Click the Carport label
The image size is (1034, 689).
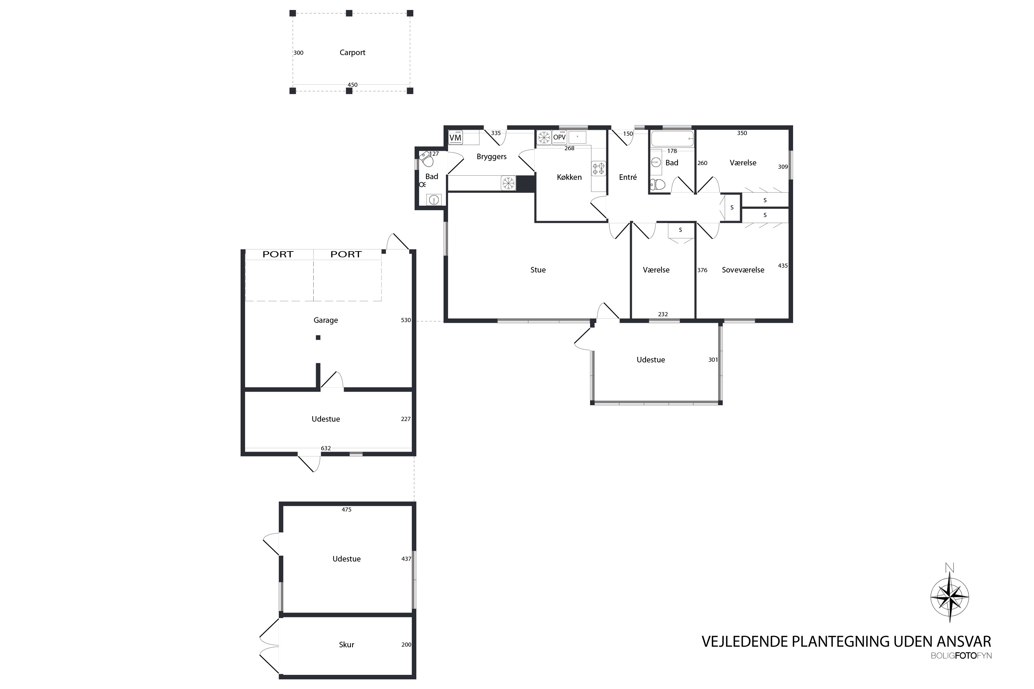pyautogui.click(x=352, y=53)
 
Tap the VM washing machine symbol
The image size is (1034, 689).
pyautogui.click(x=455, y=137)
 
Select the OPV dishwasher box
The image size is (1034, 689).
pyautogui.click(x=559, y=137)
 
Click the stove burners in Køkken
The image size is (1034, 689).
pyautogui.click(x=598, y=169)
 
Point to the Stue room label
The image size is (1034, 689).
pyautogui.click(x=538, y=270)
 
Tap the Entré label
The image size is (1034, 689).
pyautogui.click(x=628, y=177)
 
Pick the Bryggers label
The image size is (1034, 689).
pyautogui.click(x=491, y=157)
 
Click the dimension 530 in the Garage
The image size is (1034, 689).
pyautogui.click(x=406, y=320)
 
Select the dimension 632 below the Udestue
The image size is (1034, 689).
pyautogui.click(x=326, y=448)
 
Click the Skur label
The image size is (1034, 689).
pyautogui.click(x=346, y=645)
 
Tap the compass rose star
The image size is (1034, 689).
pyautogui.click(x=950, y=597)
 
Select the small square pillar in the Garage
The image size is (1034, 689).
pyautogui.click(x=318, y=338)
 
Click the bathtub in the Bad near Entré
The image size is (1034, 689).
pyautogui.click(x=672, y=138)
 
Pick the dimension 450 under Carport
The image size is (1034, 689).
pyautogui.click(x=353, y=85)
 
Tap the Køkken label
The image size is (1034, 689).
pyautogui.click(x=569, y=177)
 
